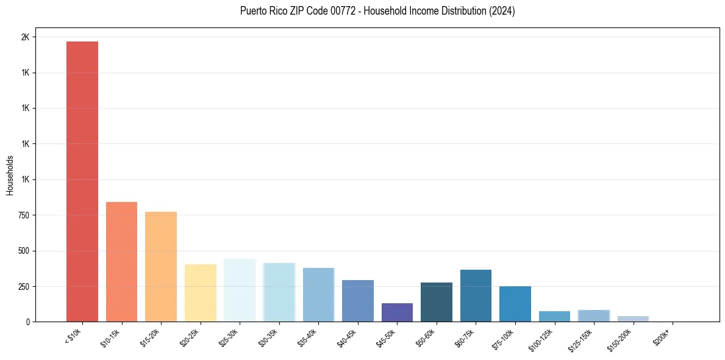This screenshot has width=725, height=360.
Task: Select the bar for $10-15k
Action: (x=121, y=262)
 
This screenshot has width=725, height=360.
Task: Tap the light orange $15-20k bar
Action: (x=161, y=267)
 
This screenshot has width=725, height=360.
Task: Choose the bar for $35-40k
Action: (x=318, y=295)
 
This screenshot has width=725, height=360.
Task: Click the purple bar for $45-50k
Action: (x=397, y=312)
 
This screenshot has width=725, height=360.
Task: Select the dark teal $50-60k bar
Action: (x=437, y=302)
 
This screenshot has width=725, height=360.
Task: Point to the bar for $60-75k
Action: (x=476, y=296)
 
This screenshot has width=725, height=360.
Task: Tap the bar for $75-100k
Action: (x=515, y=304)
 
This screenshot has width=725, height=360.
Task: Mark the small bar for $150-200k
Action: (x=633, y=319)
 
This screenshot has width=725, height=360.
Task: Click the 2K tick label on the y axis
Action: (x=25, y=37)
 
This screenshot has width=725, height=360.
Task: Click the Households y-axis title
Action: (x=10, y=175)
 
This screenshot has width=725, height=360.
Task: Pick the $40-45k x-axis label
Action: (x=346, y=336)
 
